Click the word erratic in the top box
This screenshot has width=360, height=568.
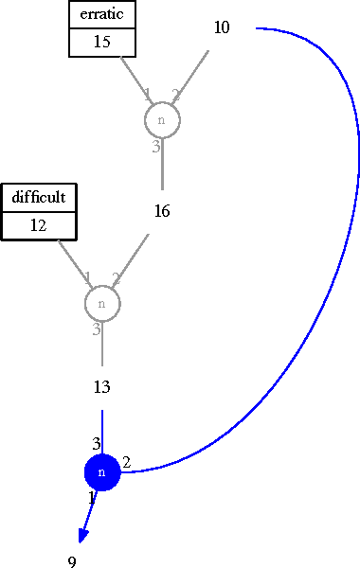click(x=102, y=15)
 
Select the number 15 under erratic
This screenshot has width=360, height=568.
click(x=102, y=42)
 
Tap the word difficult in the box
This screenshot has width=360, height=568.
click(x=38, y=198)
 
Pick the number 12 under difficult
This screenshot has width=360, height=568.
click(x=38, y=225)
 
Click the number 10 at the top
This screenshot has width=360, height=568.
click(x=221, y=27)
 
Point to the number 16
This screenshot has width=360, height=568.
click(x=162, y=211)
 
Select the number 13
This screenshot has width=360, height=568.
click(x=102, y=386)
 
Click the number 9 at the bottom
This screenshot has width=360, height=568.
click(x=72, y=562)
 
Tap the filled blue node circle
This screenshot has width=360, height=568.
click(x=102, y=471)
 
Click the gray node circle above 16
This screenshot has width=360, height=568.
click(x=162, y=120)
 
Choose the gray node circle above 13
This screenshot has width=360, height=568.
click(x=102, y=304)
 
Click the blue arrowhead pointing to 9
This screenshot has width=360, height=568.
click(x=82, y=536)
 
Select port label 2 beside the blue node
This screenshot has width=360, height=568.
click(x=126, y=462)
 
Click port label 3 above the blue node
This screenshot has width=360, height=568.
click(x=96, y=443)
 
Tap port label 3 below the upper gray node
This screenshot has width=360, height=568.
click(x=156, y=147)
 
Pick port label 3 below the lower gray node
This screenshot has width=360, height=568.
click(x=96, y=329)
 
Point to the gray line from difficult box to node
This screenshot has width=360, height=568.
click(x=71, y=260)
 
